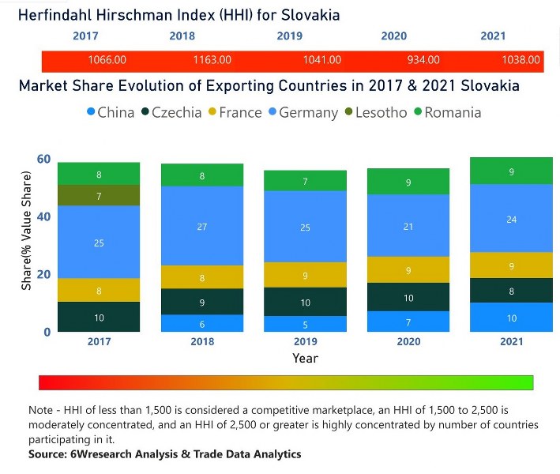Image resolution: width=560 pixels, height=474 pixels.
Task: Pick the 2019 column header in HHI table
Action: (x=289, y=36)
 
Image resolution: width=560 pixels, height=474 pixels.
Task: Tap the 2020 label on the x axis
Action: (x=408, y=342)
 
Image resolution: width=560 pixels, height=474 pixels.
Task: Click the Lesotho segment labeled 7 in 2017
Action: (x=100, y=195)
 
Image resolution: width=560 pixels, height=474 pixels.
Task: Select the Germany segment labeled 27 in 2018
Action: (x=202, y=226)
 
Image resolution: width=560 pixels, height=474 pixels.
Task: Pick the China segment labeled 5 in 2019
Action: (x=305, y=324)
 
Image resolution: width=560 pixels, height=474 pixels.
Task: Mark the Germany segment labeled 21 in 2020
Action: (x=408, y=226)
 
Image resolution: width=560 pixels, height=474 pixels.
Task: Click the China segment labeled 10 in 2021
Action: (x=511, y=317)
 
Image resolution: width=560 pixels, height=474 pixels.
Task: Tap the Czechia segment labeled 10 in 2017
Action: (x=100, y=317)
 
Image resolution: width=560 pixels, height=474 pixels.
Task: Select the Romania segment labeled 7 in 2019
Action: (x=305, y=181)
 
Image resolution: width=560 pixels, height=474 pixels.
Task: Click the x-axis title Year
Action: (x=305, y=358)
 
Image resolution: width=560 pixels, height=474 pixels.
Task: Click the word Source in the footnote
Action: (x=49, y=454)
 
